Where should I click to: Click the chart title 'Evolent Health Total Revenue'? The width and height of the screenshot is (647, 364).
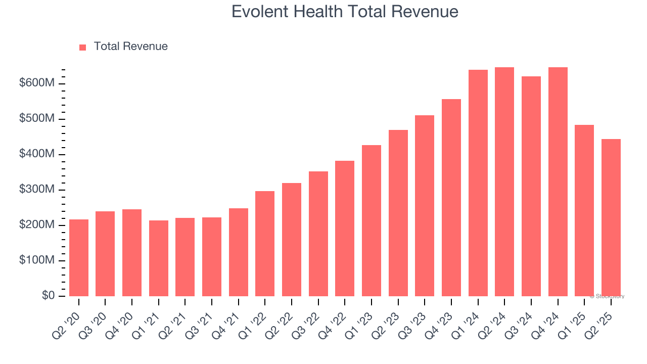(345, 12)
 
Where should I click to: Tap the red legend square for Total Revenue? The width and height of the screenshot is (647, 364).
(83, 47)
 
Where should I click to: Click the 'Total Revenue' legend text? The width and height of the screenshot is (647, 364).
(130, 47)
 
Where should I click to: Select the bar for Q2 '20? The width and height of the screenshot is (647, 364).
(79, 258)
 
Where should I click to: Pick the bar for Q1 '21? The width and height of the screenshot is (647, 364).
(159, 258)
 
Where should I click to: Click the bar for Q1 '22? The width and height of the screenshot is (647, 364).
(265, 244)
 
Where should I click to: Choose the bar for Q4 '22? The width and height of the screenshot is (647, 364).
(345, 229)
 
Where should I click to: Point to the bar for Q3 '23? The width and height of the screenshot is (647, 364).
(425, 206)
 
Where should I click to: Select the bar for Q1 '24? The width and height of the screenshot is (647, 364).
(478, 183)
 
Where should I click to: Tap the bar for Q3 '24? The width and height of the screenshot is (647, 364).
(531, 186)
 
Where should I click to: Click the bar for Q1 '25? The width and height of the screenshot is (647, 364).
(584, 210)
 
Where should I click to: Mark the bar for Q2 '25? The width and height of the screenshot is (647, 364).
(611, 217)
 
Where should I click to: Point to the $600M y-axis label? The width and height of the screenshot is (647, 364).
(36, 83)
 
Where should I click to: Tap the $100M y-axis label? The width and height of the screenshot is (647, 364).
(36, 260)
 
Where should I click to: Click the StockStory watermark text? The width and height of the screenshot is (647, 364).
(607, 296)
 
